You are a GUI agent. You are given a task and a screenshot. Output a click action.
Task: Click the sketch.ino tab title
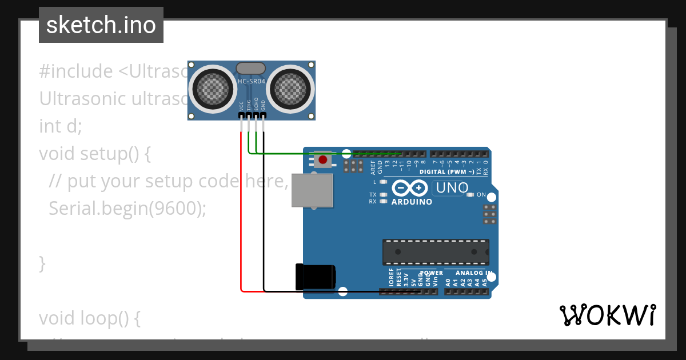click(x=101, y=25)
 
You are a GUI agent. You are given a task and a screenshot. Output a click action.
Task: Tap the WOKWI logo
click(x=608, y=315)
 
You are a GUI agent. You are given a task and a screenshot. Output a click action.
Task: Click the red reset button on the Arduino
click(x=323, y=159)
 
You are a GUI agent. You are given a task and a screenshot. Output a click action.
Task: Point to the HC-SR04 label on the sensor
click(x=252, y=82)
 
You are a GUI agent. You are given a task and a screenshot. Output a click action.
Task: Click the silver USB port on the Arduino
click(x=312, y=190)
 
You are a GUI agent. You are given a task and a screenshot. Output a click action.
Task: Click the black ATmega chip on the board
click(x=436, y=252)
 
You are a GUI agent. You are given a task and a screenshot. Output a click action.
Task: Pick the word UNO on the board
click(x=452, y=187)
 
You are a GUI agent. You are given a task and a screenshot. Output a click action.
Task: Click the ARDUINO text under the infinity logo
click(x=412, y=202)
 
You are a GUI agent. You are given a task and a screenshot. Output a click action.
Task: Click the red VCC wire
click(x=241, y=217)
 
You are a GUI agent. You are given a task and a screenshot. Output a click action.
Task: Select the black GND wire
click(x=264, y=217)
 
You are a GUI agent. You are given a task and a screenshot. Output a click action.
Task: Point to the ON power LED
click(x=470, y=195)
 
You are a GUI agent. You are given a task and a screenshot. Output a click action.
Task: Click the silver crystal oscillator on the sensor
click(x=251, y=68)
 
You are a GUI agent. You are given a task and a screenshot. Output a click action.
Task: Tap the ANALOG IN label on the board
click(x=474, y=273)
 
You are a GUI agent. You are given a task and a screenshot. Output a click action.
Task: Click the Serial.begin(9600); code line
click(x=127, y=209)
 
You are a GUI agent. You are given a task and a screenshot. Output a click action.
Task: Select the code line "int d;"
click(x=61, y=126)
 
